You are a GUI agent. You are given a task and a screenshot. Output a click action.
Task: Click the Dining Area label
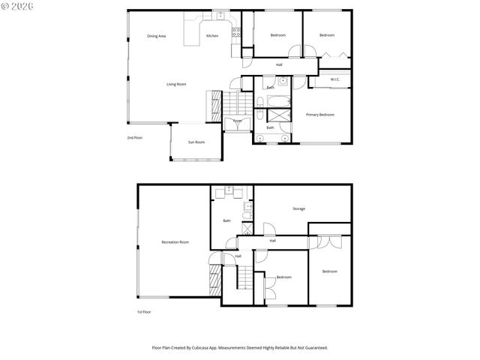pyautogui.click(x=156, y=35)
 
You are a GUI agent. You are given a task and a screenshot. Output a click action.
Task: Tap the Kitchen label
pyautogui.click(x=212, y=35)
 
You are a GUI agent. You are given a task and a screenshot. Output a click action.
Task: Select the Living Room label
pyautogui.click(x=176, y=84)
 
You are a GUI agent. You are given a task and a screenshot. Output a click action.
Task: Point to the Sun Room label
pyautogui.click(x=196, y=142)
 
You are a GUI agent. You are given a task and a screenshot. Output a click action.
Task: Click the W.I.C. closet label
pyautogui.click(x=335, y=79)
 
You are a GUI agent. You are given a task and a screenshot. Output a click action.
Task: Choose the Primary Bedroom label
pyautogui.click(x=319, y=114)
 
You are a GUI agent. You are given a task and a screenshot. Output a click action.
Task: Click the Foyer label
pyautogui.click(x=237, y=120)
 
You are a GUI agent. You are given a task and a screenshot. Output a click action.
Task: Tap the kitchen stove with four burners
pyautogui.click(x=235, y=31)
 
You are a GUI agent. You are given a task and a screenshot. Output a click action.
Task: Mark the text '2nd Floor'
pyautogui.click(x=135, y=138)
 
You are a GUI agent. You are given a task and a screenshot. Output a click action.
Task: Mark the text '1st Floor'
pyautogui.click(x=144, y=310)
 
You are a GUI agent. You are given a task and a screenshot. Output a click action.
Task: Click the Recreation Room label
pyautogui.click(x=175, y=241)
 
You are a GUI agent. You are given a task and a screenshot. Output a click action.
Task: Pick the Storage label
pyautogui.click(x=298, y=208)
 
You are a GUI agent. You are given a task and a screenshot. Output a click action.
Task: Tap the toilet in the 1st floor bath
pyautogui.click(x=247, y=219)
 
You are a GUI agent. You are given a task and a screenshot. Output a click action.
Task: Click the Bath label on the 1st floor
pyautogui.click(x=226, y=220)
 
